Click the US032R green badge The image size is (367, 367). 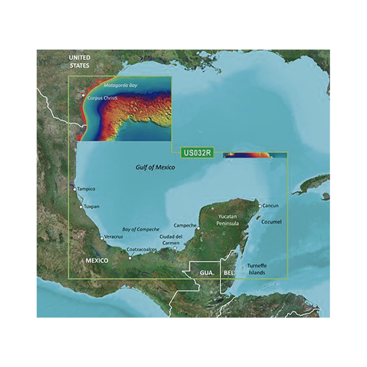point(197,153)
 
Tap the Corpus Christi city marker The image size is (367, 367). point(83,95)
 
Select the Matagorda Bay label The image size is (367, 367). point(120,85)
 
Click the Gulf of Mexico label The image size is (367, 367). point(155,167)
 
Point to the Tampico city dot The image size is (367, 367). point(75,189)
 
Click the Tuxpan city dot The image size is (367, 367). point(81,207)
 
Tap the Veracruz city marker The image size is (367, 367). point(102,238)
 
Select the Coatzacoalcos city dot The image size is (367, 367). point(130,258)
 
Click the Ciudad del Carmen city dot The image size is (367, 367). point(175,248)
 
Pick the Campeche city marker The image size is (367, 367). point(198,228)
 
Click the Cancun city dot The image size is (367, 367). point(260,206)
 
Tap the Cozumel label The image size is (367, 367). point(272,222)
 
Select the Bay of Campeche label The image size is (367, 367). point(140,229)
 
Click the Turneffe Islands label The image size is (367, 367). point(257,269)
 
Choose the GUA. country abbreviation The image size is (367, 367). point(206,273)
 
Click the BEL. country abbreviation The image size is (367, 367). point(229,273)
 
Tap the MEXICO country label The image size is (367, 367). point(97,261)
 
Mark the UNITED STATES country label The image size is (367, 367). point(79,61)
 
